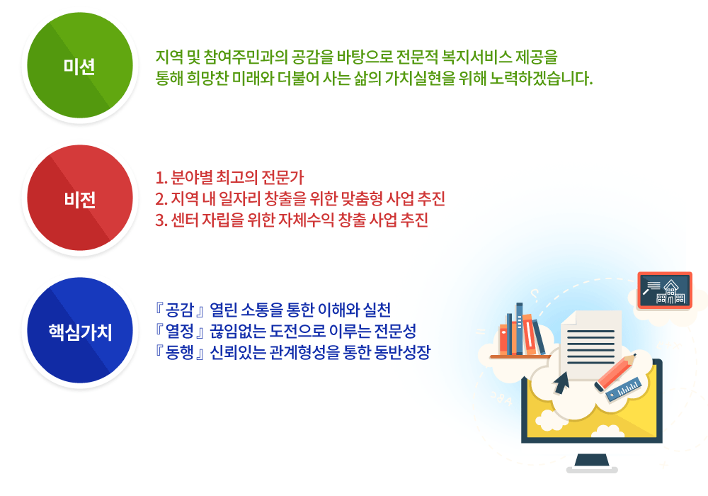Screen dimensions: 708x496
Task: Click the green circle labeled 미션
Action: pos(80,65)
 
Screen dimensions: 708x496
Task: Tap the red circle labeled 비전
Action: pos(80,198)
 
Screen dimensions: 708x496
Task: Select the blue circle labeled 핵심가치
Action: pos(80,330)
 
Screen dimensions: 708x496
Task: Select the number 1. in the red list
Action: pos(161,178)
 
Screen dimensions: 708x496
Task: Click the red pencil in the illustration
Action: pos(615,372)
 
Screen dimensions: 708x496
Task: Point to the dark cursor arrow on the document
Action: pos(561,383)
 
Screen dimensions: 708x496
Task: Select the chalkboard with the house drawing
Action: pos(665,291)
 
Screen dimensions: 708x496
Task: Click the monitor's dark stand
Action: pos(592,463)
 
